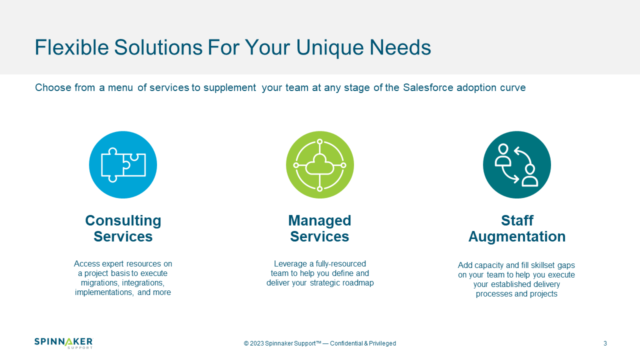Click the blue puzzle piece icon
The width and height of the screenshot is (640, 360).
point(123,165)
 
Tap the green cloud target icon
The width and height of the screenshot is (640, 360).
point(319,165)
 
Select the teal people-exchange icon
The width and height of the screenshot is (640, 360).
point(517,165)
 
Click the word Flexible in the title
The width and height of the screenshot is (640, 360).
point(71,47)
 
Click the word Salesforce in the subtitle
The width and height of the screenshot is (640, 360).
point(428,87)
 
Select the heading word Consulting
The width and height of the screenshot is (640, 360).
point(123,221)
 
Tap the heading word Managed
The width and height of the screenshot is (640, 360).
point(319,221)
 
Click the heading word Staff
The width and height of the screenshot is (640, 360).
point(517,220)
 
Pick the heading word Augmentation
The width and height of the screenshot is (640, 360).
point(517,237)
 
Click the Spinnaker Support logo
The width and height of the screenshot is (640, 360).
point(63,343)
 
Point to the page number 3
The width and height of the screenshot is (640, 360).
point(605,343)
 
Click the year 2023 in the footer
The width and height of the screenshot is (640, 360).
point(257,343)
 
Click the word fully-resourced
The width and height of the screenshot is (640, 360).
point(340,263)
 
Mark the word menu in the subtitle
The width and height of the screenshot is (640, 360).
point(120,87)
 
